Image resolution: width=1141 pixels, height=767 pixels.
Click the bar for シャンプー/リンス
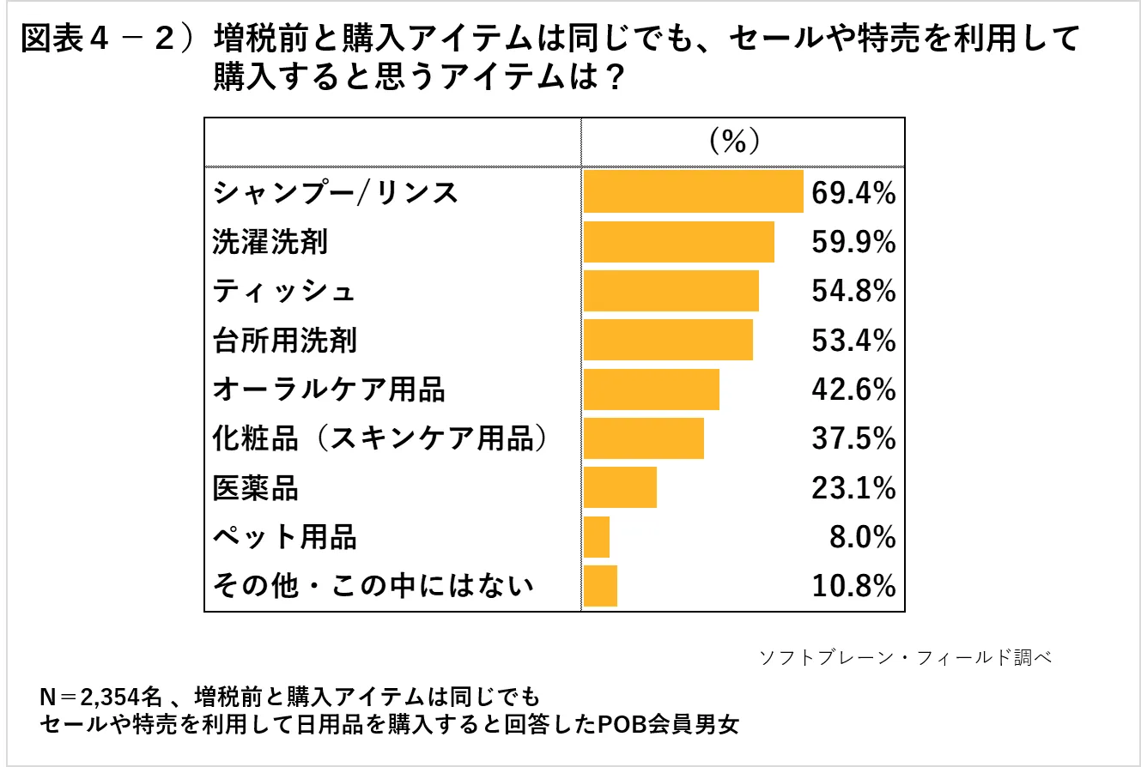[x=693, y=191]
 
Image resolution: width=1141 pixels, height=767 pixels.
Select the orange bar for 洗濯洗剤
[x=678, y=241]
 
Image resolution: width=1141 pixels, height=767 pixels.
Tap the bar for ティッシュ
[x=671, y=291]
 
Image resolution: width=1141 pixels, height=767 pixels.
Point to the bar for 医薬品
[x=620, y=488]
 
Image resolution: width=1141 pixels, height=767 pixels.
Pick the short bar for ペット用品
[x=597, y=538]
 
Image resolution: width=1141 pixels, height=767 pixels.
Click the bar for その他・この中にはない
[x=600, y=587]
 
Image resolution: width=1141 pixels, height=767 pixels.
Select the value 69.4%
[x=853, y=193]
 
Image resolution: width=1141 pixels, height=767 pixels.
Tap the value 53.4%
[x=853, y=341]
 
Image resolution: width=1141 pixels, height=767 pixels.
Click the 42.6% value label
[x=853, y=390]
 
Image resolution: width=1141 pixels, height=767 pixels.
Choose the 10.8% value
[x=853, y=587]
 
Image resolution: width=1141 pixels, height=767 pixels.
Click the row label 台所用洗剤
[x=284, y=341]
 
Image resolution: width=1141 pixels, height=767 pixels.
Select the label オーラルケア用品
[x=329, y=390]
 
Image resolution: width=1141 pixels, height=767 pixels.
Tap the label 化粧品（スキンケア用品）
[x=380, y=439]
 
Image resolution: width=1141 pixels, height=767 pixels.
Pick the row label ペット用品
[x=284, y=538]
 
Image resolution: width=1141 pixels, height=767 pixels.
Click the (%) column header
[x=734, y=140]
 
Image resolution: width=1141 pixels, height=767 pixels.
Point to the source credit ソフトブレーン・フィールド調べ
[x=906, y=658]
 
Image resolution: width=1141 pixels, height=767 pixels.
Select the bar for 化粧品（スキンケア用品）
[x=643, y=439]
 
